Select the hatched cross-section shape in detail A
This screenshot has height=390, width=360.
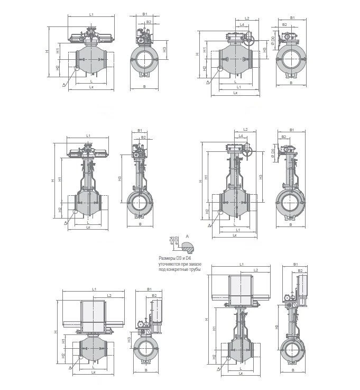tap(187, 245)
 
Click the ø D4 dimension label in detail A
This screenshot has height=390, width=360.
tap(171, 240)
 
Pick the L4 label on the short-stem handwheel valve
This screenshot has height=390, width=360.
tap(242, 25)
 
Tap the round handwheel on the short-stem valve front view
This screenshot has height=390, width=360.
tap(251, 42)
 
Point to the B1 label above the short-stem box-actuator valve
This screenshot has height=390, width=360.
tap(149, 289)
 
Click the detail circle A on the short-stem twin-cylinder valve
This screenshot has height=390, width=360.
tap(77, 68)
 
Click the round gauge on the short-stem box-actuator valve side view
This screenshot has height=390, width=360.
tap(140, 323)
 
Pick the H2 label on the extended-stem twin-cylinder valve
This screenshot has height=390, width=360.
tap(60, 210)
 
